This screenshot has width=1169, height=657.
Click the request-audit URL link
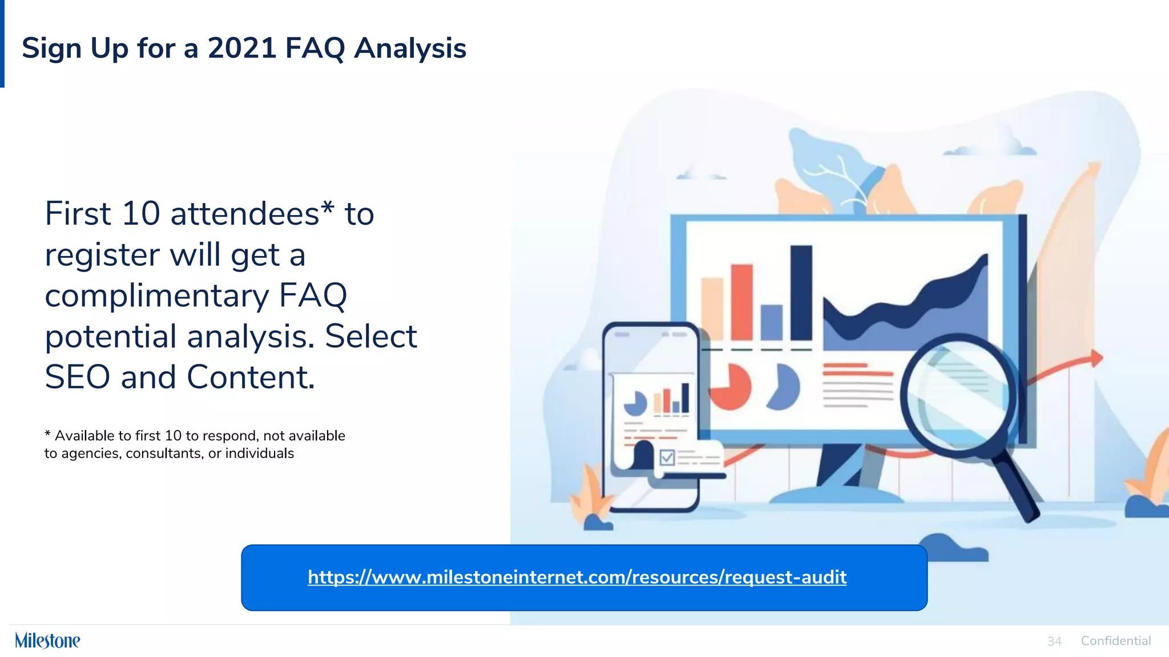coord(577,577)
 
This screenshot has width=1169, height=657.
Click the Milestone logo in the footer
coord(47,640)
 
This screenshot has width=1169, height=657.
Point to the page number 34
coord(1054,642)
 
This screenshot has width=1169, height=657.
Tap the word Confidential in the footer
coord(1115,641)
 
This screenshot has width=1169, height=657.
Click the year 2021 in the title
coord(242,48)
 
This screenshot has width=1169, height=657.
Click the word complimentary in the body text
coord(156,296)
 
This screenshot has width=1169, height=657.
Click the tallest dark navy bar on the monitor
coord(801,293)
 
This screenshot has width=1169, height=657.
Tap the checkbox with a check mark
coord(667,457)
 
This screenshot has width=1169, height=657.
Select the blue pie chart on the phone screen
coord(635,404)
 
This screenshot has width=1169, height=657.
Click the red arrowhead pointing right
coord(1096,358)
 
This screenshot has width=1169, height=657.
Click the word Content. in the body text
coord(251,378)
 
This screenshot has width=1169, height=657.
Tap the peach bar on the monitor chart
coord(712,309)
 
